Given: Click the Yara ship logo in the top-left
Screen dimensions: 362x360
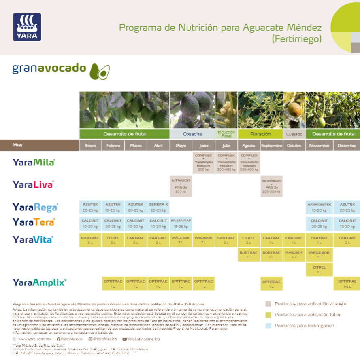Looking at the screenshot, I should click(27, 27).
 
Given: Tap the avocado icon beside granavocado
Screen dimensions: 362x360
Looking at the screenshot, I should click(100, 71).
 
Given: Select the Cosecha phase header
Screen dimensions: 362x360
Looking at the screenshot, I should click(192, 134).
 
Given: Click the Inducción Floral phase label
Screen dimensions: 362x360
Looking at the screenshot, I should click(226, 134).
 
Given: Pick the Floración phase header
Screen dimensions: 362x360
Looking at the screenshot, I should click(260, 134).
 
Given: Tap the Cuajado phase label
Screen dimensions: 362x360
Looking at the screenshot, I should click(294, 134).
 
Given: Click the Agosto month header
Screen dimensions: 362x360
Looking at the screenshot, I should click(249, 146).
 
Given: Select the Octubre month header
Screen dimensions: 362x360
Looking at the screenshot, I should click(294, 146).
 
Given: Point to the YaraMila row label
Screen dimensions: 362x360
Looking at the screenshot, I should click(34, 162).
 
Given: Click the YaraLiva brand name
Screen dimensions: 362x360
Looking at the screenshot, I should click(33, 185).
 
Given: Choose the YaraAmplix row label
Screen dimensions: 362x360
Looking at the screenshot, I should click(39, 282).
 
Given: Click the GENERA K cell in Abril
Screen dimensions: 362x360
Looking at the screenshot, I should click(158, 207).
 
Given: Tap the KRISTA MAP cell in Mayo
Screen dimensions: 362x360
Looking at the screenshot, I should click(181, 223).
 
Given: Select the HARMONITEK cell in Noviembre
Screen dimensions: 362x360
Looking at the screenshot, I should click(319, 207).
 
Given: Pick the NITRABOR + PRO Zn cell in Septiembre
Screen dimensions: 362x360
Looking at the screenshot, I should click(271, 186).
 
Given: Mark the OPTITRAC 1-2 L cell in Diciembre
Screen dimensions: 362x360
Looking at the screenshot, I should click(347, 284).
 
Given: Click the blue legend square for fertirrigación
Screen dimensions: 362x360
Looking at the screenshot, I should click(268, 325).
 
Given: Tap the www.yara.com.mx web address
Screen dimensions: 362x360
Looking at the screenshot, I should click(34, 339).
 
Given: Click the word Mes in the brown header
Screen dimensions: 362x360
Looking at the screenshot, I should click(17, 145).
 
